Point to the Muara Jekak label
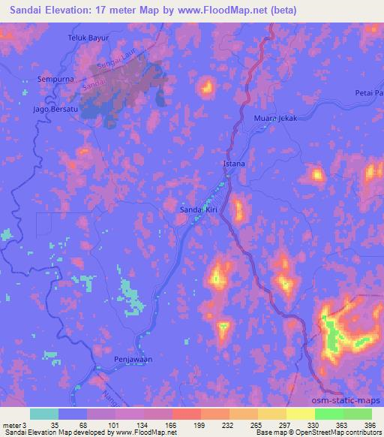277,119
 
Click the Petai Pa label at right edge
368,93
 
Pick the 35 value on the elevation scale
43,424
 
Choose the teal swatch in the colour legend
45,413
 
